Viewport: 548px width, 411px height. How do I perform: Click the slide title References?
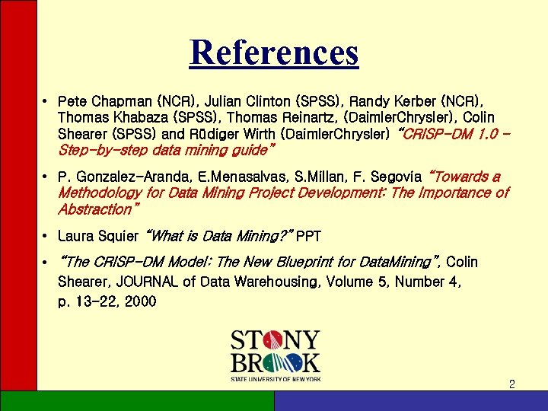point(274,53)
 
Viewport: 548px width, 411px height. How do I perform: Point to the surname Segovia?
point(396,177)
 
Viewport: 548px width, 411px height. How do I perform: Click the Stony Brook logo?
point(275,355)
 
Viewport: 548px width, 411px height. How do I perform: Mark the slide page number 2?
point(511,384)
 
